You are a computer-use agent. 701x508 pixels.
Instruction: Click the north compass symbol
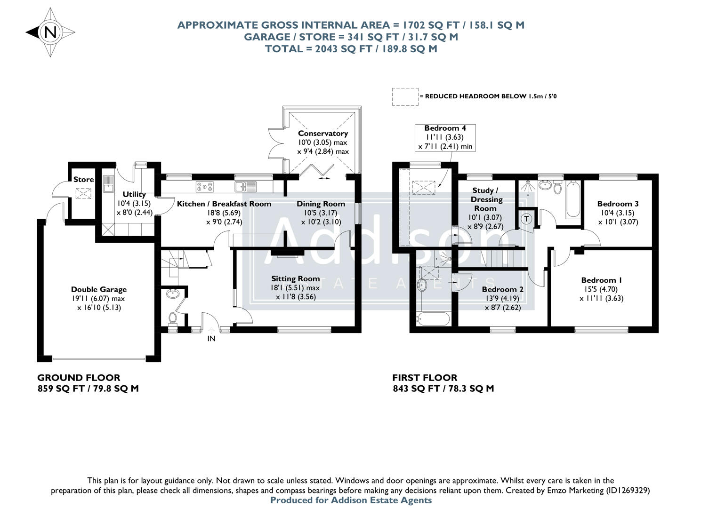tap(50, 32)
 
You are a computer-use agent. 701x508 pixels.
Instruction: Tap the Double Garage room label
tap(99, 290)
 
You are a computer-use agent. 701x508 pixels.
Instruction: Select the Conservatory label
tap(322, 134)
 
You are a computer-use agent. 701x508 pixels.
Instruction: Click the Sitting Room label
tap(295, 279)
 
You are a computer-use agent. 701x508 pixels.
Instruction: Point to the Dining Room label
tap(321, 204)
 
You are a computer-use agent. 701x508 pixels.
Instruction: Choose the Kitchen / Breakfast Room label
tap(224, 204)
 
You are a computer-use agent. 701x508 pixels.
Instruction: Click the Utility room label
tap(134, 194)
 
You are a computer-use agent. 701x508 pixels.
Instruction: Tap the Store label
tap(83, 180)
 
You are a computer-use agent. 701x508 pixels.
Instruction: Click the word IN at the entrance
tap(211, 338)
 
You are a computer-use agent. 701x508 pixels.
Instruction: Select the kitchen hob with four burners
tap(204, 187)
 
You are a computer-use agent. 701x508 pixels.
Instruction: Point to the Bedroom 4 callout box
tap(445, 137)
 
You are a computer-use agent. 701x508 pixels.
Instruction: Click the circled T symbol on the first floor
tap(527, 219)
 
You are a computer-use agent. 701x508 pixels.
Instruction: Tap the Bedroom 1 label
tap(601, 280)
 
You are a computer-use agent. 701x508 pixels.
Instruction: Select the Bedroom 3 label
tap(618, 204)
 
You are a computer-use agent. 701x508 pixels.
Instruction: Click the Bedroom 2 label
tap(502, 290)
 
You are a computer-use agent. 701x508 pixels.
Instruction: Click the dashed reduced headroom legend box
tap(405, 96)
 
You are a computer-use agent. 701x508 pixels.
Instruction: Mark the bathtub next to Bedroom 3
tap(573, 199)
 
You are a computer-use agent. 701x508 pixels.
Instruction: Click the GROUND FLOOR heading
tap(79, 378)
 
